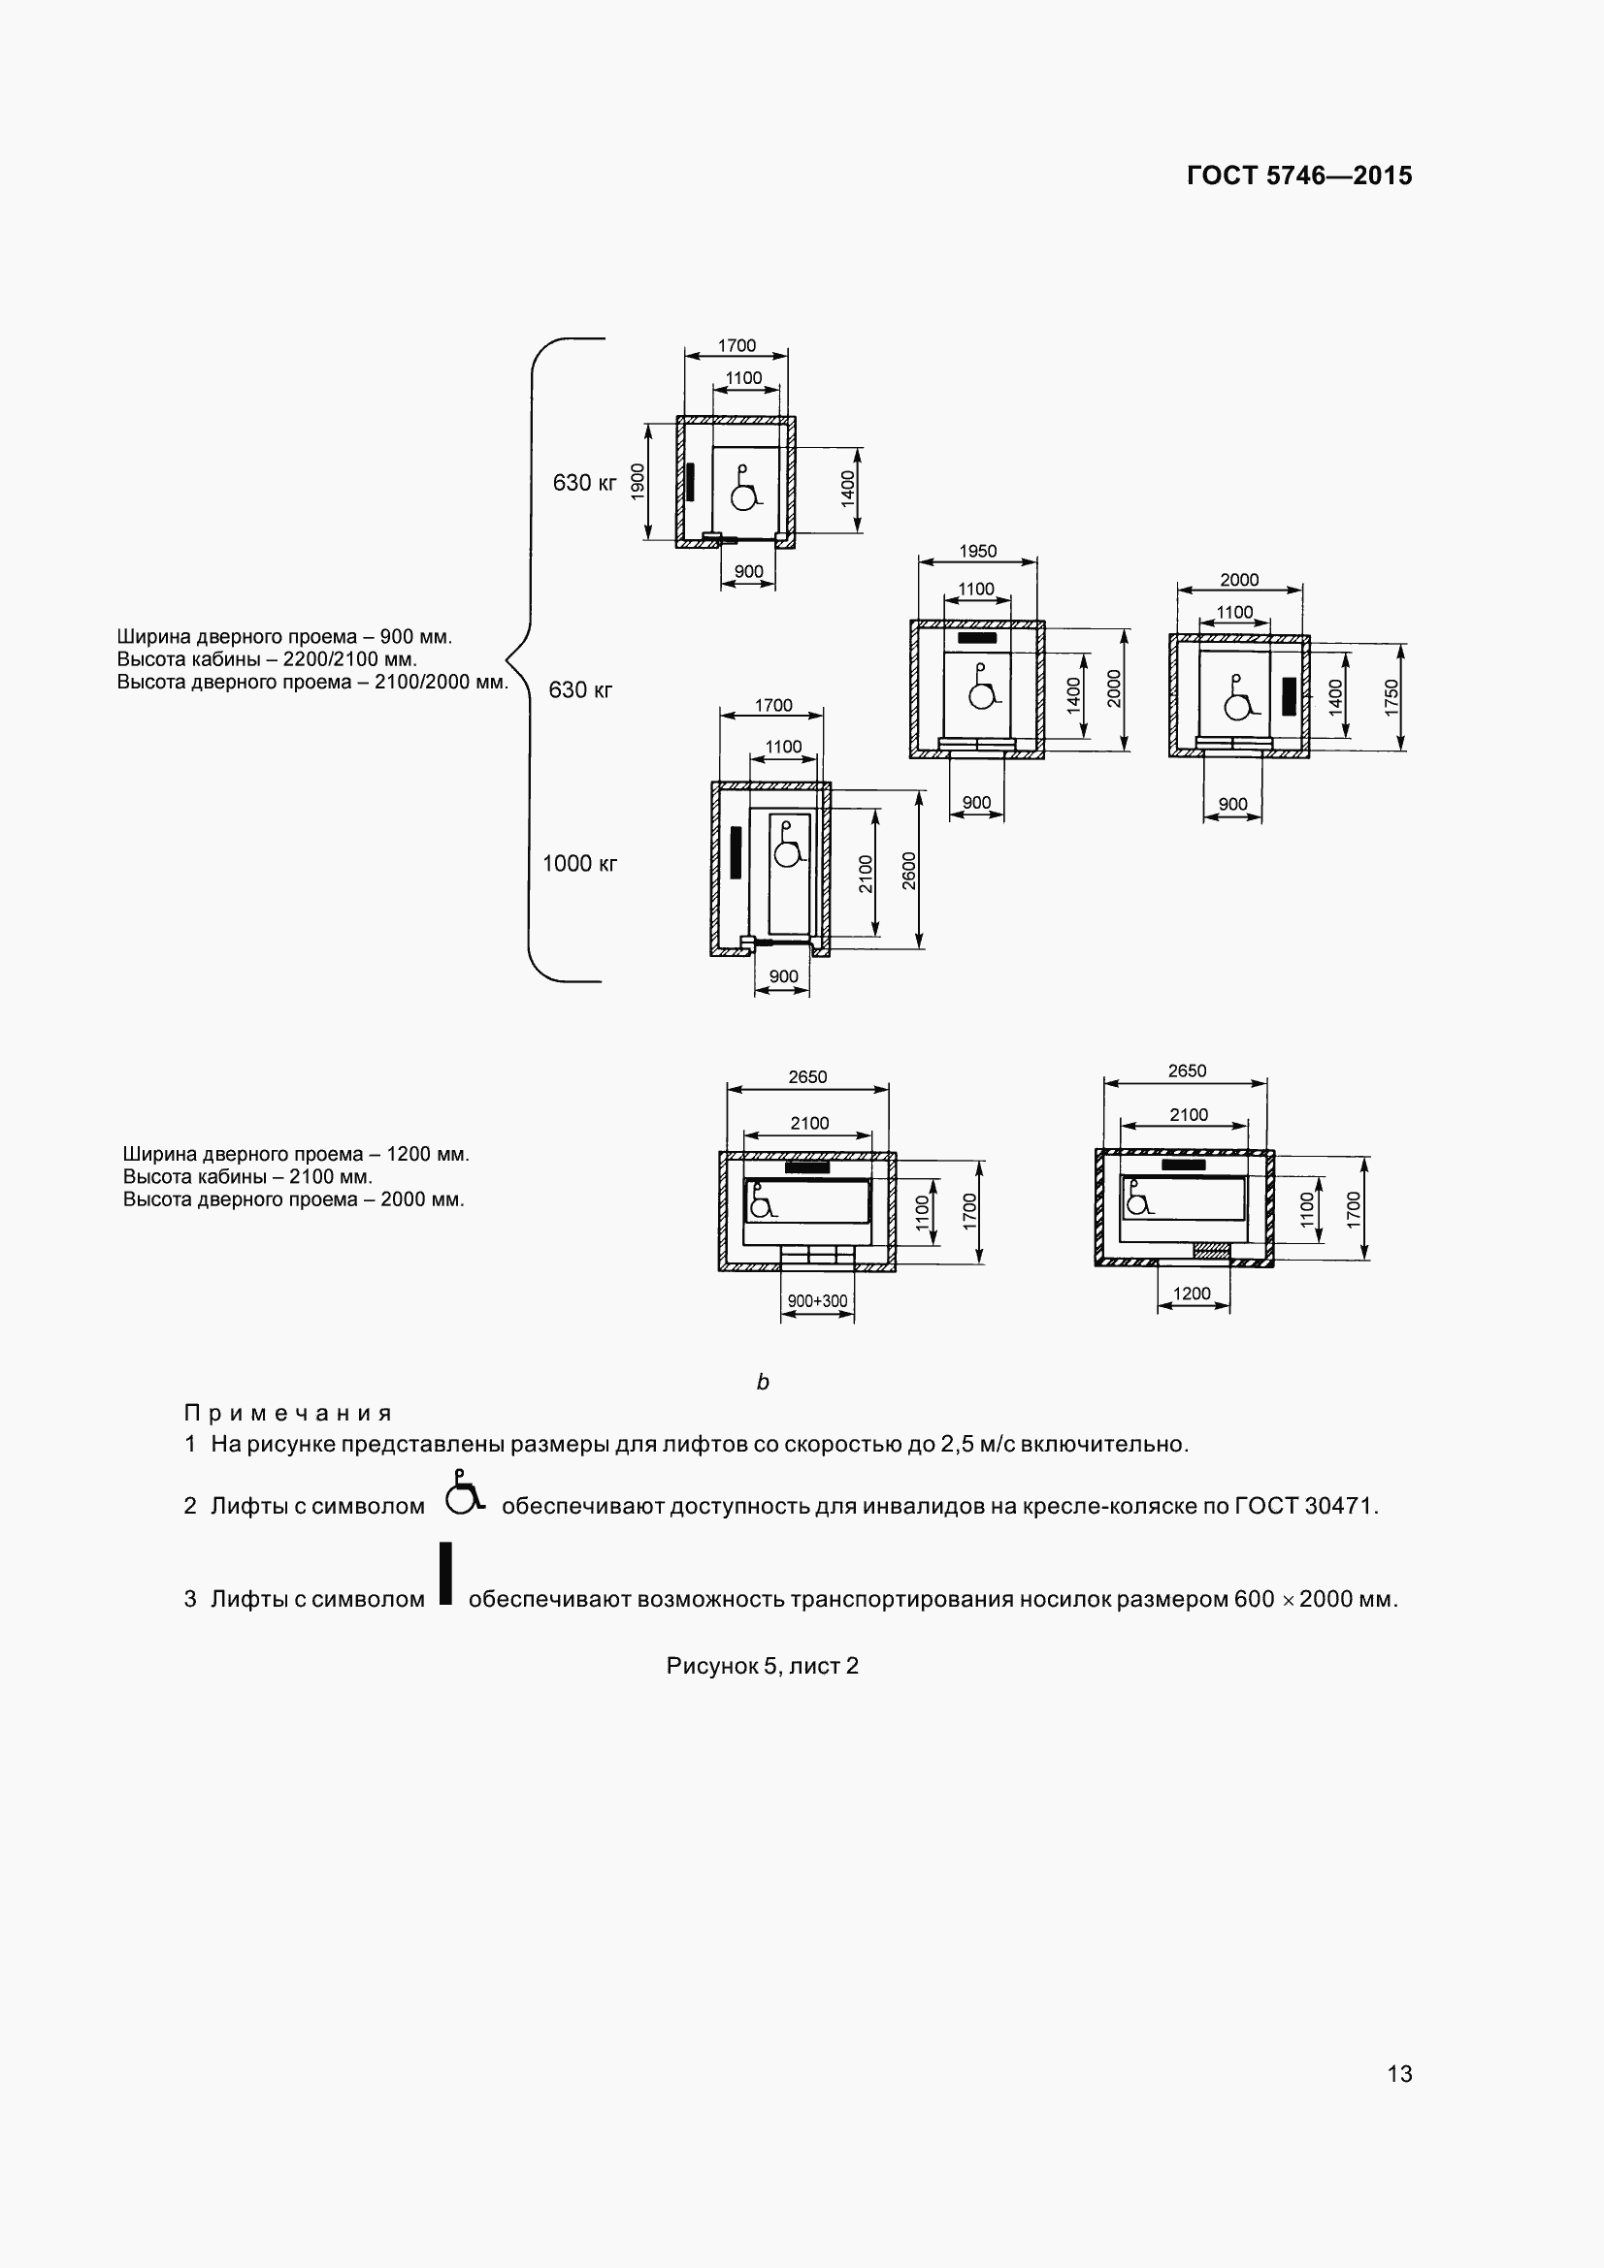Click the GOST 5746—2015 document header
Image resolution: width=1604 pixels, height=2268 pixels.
(x=1298, y=176)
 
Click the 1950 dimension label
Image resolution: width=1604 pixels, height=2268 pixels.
(x=977, y=551)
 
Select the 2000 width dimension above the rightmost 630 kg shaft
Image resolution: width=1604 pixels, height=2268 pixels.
(x=1238, y=580)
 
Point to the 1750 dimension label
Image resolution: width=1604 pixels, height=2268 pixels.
(x=1391, y=697)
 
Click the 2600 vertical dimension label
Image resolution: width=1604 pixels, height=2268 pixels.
(x=909, y=870)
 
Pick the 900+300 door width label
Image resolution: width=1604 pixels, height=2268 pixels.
(x=816, y=1301)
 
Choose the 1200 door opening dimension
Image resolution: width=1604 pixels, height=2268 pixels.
(x=1191, y=1294)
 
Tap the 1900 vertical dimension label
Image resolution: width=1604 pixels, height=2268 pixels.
(x=638, y=482)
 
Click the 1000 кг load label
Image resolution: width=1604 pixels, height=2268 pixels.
(x=579, y=863)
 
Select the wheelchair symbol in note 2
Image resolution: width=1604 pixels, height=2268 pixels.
(x=464, y=1493)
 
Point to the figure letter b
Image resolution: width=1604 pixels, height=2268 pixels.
(x=762, y=1382)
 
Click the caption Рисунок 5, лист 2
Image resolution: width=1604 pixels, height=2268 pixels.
(x=762, y=1666)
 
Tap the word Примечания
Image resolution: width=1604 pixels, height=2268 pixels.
(x=287, y=1413)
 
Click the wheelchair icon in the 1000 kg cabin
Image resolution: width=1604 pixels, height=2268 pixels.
(x=788, y=846)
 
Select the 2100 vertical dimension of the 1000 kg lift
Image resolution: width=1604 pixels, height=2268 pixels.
(x=866, y=874)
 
